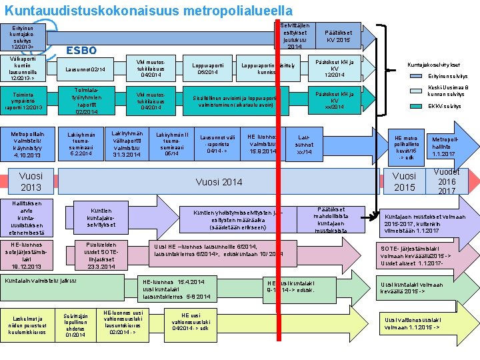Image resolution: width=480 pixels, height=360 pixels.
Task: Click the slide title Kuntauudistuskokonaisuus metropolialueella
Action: (148, 11)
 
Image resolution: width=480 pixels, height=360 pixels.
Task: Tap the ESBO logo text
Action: (82, 50)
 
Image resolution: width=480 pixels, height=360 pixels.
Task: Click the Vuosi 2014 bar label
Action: (219, 181)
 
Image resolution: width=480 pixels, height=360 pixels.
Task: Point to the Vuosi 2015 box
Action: (404, 182)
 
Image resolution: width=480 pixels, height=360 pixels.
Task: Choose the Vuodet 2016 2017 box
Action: (447, 181)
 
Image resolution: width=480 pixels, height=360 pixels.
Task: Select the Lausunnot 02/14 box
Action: (91, 69)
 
